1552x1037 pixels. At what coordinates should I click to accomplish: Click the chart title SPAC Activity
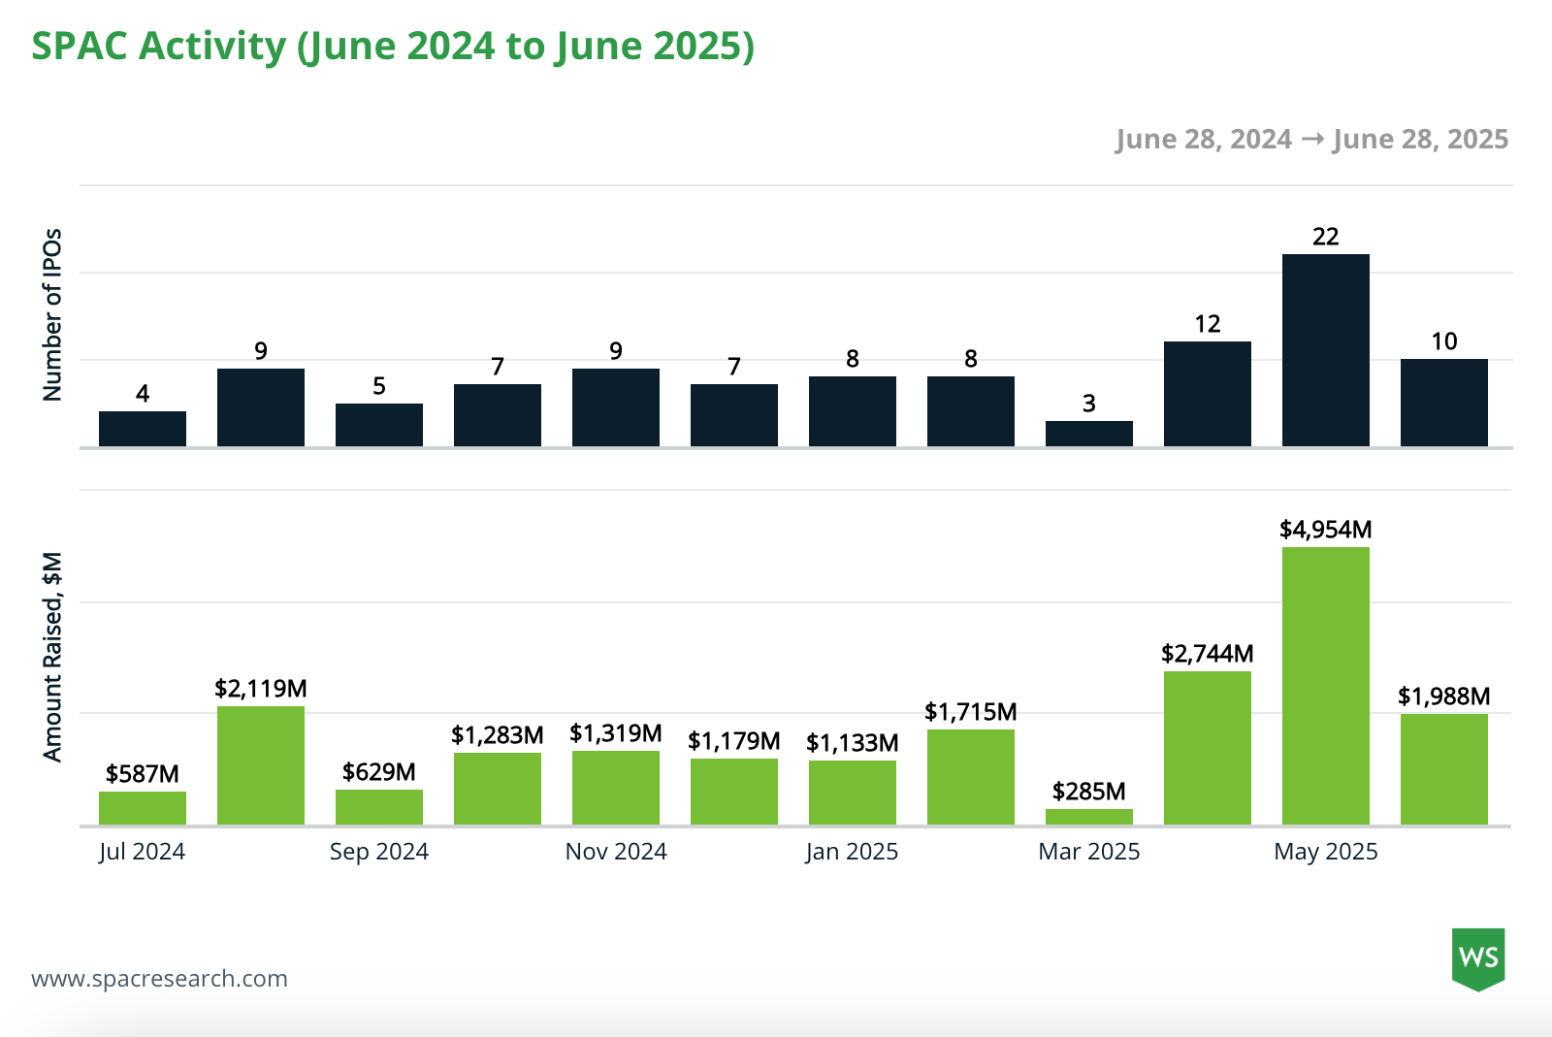(x=393, y=46)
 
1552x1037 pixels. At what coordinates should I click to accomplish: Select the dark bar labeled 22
(x=1325, y=350)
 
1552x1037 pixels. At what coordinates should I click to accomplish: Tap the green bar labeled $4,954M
(x=1325, y=686)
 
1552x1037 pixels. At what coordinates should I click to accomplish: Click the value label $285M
(x=1088, y=792)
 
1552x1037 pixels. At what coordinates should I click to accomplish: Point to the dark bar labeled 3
(x=1088, y=434)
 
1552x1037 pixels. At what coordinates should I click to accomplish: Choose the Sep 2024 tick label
(x=378, y=852)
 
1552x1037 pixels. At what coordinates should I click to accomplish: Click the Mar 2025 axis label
(x=1088, y=852)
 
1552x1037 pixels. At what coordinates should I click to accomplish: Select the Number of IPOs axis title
(x=52, y=315)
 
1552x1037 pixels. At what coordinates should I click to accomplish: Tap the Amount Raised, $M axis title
(x=52, y=657)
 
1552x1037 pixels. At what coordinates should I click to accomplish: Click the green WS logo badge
(x=1478, y=958)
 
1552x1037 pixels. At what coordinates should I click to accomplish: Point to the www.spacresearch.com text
(x=159, y=978)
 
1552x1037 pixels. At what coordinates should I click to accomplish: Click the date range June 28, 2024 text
(x=1203, y=140)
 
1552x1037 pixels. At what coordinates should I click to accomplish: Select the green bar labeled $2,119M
(x=260, y=765)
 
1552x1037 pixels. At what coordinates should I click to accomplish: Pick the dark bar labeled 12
(x=1207, y=394)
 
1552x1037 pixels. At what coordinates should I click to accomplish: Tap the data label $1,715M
(x=970, y=712)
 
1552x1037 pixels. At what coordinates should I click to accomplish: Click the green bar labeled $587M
(x=142, y=808)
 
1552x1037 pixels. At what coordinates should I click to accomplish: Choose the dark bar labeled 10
(x=1443, y=403)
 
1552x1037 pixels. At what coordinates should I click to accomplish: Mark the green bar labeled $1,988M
(x=1443, y=769)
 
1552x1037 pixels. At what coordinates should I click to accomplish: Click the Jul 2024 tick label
(x=142, y=852)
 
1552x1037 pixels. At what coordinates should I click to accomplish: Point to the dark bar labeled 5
(x=378, y=425)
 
